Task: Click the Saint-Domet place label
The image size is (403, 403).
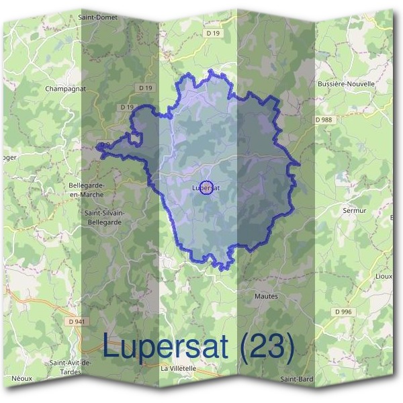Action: [98, 17]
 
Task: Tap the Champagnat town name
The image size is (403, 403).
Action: [66, 88]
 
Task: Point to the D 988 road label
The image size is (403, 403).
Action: [324, 120]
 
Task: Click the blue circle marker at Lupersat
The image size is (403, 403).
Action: [207, 187]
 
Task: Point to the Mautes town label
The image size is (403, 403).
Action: [266, 296]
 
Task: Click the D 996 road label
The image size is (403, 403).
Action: [343, 312]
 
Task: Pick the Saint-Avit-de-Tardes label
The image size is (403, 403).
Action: [71, 367]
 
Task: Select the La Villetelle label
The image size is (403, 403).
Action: [179, 368]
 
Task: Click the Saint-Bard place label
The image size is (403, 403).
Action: [297, 379]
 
